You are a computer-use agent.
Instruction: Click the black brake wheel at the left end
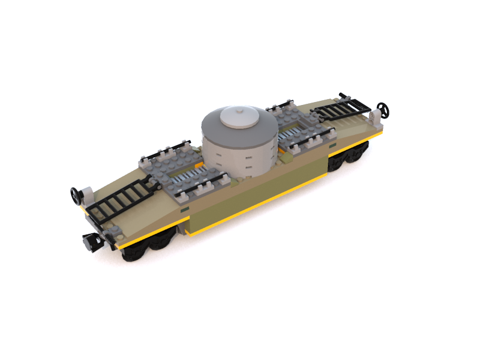coord(76,194)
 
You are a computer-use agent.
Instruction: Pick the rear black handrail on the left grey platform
coord(168,148)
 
